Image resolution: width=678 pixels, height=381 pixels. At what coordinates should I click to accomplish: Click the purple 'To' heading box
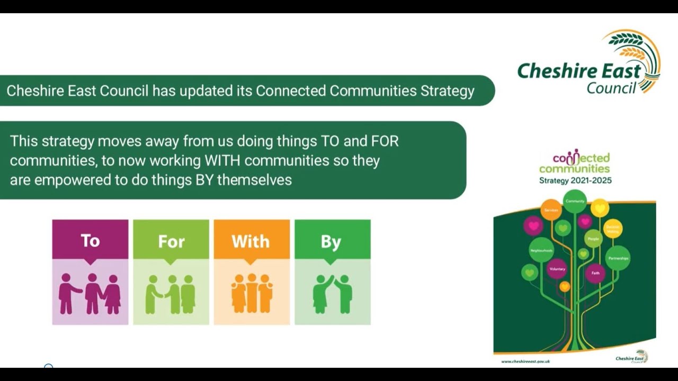point(90,240)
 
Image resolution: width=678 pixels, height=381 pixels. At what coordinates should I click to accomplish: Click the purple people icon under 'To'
point(90,293)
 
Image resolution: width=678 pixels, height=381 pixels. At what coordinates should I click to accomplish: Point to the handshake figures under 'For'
point(171,294)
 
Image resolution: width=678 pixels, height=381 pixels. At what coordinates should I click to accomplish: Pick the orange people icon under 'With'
point(252,293)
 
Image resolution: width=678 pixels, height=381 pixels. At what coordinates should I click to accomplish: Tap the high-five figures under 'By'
point(332,294)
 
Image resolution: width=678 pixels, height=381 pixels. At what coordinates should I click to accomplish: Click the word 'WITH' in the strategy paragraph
point(222,160)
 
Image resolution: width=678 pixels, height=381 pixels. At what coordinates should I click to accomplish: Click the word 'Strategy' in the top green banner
point(447,91)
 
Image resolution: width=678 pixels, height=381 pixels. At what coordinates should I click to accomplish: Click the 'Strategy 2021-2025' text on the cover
point(575,180)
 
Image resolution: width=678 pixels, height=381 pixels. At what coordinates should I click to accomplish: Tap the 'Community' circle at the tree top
point(575,201)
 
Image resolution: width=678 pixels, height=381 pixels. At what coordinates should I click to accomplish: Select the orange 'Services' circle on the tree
point(551,210)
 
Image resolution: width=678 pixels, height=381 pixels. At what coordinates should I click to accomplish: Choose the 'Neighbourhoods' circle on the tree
point(541,250)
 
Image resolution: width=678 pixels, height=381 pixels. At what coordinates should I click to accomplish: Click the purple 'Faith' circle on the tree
point(595,273)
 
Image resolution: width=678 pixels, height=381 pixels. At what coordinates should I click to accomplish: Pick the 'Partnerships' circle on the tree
point(618,258)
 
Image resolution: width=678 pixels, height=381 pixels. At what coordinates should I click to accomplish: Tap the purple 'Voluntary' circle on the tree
point(557,269)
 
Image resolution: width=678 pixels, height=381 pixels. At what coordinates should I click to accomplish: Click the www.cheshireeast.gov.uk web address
point(525,361)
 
